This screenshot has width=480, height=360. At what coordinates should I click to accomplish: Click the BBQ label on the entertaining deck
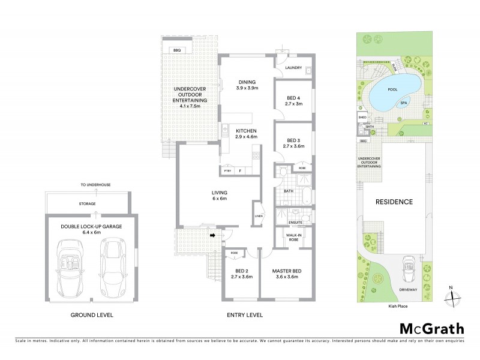click(x=176, y=50)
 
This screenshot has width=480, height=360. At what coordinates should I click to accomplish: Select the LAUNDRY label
click(x=293, y=68)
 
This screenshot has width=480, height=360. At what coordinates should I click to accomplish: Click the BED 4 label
click(x=293, y=100)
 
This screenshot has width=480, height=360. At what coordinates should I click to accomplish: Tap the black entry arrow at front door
click(x=213, y=235)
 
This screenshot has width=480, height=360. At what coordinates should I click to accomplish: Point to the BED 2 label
click(x=242, y=274)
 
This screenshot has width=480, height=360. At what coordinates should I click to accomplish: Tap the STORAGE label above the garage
click(x=88, y=203)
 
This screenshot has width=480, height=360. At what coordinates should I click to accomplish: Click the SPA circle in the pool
click(x=404, y=103)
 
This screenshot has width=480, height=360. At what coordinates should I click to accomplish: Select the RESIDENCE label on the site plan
click(x=394, y=202)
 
